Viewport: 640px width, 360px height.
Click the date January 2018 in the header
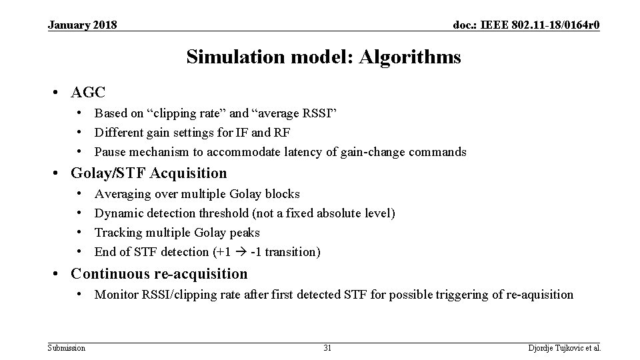click(x=83, y=25)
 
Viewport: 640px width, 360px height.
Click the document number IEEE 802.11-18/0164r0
click(x=526, y=25)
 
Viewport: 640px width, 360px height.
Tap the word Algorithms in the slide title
click(x=409, y=57)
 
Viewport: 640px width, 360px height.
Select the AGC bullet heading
click(x=88, y=91)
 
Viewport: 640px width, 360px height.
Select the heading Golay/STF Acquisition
click(x=149, y=173)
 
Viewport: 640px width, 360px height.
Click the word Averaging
click(x=123, y=194)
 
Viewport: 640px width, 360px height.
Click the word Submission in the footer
click(x=67, y=348)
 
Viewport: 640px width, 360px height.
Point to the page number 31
click(x=327, y=348)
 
